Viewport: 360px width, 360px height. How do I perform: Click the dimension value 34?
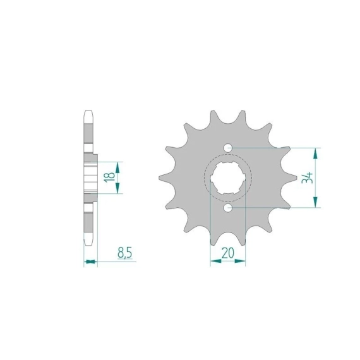(308, 177)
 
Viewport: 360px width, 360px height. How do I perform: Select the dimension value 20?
(227, 253)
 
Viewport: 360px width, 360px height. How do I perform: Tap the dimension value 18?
(109, 177)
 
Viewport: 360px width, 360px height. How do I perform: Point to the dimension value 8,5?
(124, 253)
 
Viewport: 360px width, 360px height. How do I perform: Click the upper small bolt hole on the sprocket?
(228, 148)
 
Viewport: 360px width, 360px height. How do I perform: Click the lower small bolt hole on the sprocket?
(228, 208)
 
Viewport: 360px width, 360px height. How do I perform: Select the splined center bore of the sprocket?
(228, 178)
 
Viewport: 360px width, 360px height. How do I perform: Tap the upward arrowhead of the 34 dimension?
(316, 154)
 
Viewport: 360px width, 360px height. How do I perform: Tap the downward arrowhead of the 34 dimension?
(316, 202)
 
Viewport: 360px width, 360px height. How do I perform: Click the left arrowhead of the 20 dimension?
(216, 261)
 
